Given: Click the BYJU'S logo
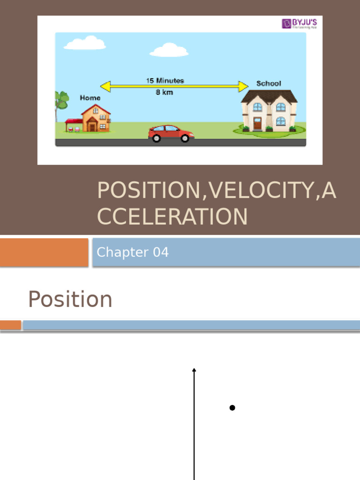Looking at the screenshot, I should pyautogui.click(x=299, y=23).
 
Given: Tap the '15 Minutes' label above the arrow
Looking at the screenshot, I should pyautogui.click(x=165, y=81).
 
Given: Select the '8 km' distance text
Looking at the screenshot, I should pyautogui.click(x=164, y=92).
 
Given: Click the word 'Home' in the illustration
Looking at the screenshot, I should pyautogui.click(x=90, y=98).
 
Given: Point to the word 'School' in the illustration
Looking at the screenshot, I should pyautogui.click(x=269, y=83).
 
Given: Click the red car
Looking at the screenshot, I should pyautogui.click(x=171, y=133).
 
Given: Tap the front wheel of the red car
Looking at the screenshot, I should pyautogui.click(x=185, y=138).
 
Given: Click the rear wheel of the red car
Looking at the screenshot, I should pyautogui.click(x=157, y=138).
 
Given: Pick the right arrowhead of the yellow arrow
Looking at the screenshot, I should pyautogui.click(x=243, y=86).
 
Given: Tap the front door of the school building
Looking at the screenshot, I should pyautogui.click(x=257, y=124).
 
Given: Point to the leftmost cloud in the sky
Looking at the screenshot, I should pyautogui.click(x=85, y=43).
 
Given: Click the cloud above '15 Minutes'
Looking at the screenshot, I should pyautogui.click(x=169, y=50).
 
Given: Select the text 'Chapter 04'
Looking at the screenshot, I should pyautogui.click(x=133, y=252).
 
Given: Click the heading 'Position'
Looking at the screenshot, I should pyautogui.click(x=70, y=299).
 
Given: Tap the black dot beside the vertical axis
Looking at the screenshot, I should pyautogui.click(x=232, y=408).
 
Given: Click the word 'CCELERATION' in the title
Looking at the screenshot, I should pyautogui.click(x=172, y=217).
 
